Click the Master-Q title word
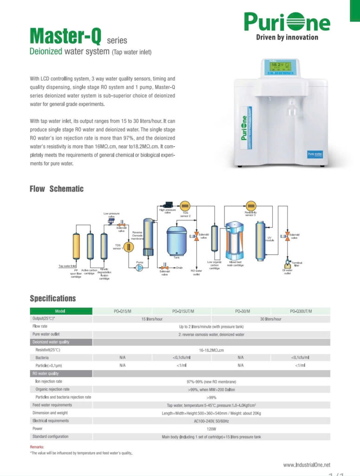(x=66, y=37)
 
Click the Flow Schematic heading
(x=56, y=189)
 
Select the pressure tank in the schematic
(x=177, y=240)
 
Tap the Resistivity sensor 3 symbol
(x=251, y=205)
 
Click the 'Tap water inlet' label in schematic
(x=67, y=266)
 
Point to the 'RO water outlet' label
(x=196, y=272)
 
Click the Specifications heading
(x=52, y=298)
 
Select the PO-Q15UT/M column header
(x=183, y=311)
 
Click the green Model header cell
(x=61, y=311)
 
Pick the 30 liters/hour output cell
(x=270, y=319)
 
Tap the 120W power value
(x=211, y=429)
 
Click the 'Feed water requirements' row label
(x=53, y=405)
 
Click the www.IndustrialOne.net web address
(x=307, y=464)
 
